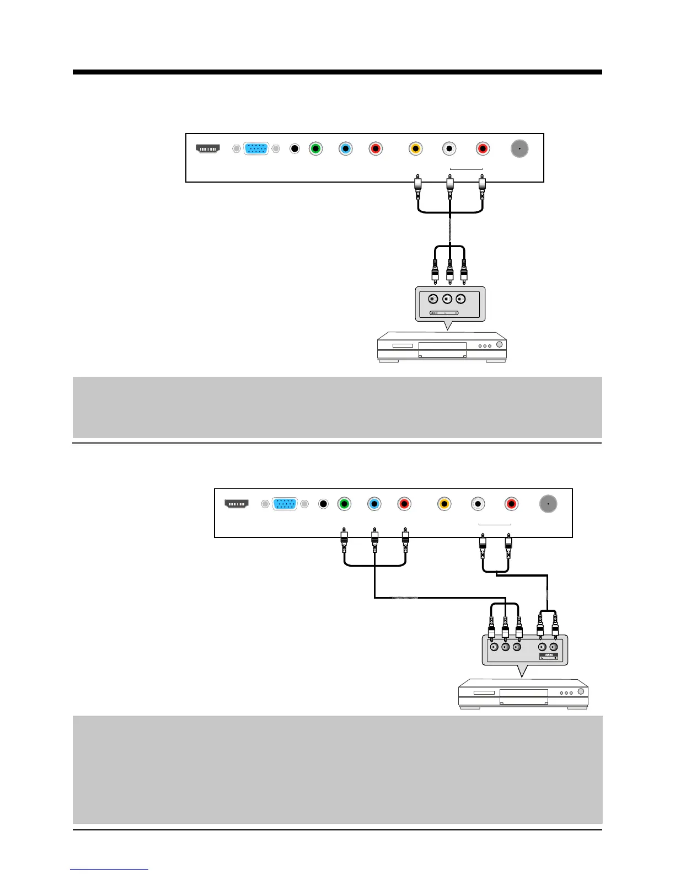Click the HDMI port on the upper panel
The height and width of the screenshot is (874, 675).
coord(208,148)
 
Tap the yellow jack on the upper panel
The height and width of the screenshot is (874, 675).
coord(416,148)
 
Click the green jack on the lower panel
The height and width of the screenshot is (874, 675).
coord(345,504)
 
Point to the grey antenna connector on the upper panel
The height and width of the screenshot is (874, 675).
coord(519,148)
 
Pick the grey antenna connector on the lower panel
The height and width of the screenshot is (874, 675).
coord(548,504)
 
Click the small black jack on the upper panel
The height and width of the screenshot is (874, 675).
coord(294,148)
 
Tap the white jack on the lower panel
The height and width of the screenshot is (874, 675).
coord(478,504)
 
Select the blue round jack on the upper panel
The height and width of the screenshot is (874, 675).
coord(345,148)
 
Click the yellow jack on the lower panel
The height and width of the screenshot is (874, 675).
coord(444,504)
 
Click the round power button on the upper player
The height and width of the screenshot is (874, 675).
coord(500,345)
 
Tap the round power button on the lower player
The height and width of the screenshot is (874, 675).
coord(581,692)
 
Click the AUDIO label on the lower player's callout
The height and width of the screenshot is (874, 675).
coord(548,655)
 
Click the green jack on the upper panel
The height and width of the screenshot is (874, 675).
coord(315,148)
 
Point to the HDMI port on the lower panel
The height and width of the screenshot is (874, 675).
coord(237,504)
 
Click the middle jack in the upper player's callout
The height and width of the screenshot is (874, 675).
coord(447,300)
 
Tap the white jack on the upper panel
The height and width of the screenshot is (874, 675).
coord(450,148)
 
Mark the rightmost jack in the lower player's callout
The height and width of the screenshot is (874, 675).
coord(554,647)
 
